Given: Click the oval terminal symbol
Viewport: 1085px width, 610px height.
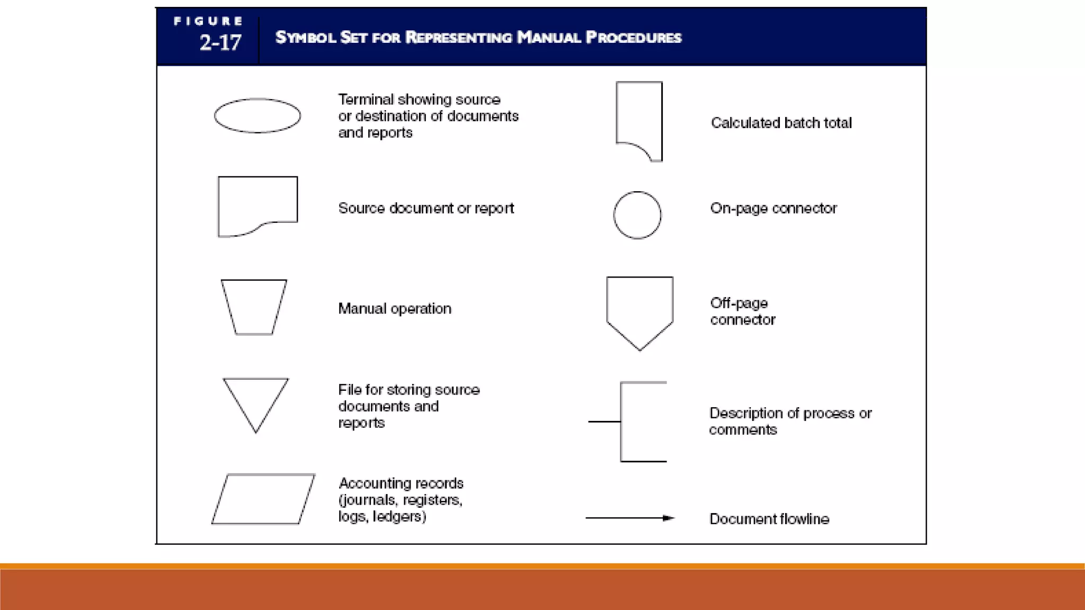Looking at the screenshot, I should pyautogui.click(x=257, y=115).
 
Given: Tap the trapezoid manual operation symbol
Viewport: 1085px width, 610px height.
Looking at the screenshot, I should pyautogui.click(x=254, y=307).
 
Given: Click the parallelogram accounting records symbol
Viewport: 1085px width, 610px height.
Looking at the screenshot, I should pyautogui.click(x=263, y=499).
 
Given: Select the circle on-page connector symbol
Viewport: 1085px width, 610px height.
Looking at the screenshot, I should pyautogui.click(x=637, y=215).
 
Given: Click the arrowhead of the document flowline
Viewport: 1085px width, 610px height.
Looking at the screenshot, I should pyautogui.click(x=669, y=518).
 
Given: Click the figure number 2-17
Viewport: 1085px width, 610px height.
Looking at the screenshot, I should pyautogui.click(x=220, y=42).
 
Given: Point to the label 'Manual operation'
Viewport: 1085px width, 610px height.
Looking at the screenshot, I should pyautogui.click(x=395, y=309).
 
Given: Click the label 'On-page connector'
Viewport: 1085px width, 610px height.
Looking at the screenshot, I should pyautogui.click(x=773, y=208).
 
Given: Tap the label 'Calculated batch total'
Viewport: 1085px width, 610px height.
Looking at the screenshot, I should pyautogui.click(x=781, y=123).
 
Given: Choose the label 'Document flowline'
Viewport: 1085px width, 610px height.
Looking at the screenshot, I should pyautogui.click(x=769, y=519).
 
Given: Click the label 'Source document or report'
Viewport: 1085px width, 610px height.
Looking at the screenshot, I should pyautogui.click(x=426, y=208).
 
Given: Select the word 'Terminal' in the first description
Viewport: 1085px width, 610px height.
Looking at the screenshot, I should pyautogui.click(x=366, y=100).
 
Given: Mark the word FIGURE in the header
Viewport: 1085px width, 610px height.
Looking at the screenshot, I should pyautogui.click(x=208, y=21).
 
